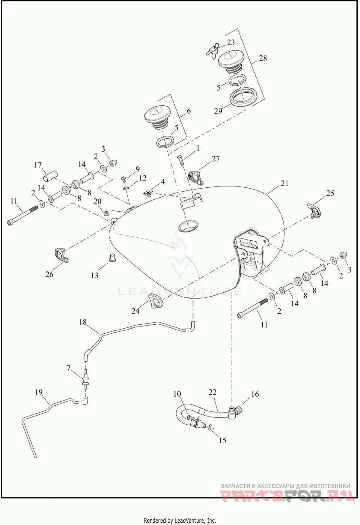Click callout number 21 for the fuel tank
tap(284, 184)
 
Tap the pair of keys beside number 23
tap(212, 50)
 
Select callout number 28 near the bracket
tap(263, 58)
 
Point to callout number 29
tap(218, 111)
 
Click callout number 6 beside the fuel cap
tap(189, 111)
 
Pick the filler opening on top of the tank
tap(189, 227)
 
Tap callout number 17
tap(38, 165)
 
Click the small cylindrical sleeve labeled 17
tap(51, 176)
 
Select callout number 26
tap(49, 274)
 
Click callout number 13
tap(94, 275)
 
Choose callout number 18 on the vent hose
tap(83, 322)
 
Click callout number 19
tap(39, 392)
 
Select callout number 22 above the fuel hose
tap(212, 392)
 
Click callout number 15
tap(222, 441)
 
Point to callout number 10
tap(177, 394)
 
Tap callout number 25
tap(330, 193)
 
